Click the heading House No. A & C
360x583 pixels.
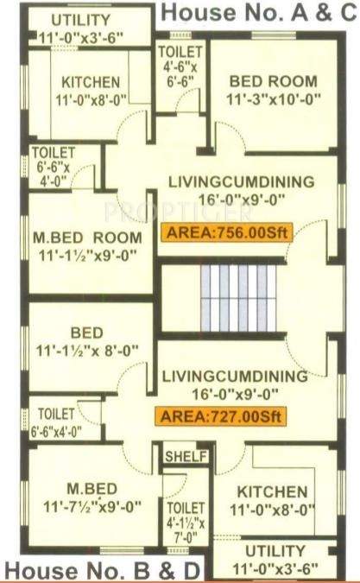[x=258, y=13]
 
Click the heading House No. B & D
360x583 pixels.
[x=104, y=569]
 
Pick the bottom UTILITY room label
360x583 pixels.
[x=275, y=551]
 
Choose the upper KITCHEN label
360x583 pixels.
[x=91, y=82]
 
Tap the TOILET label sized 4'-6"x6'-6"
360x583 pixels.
[x=180, y=63]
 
